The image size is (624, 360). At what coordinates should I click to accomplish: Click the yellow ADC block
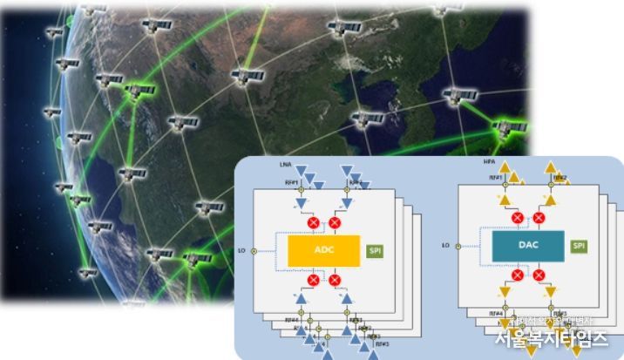[x=323, y=251]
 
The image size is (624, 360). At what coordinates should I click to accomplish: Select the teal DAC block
[x=526, y=246]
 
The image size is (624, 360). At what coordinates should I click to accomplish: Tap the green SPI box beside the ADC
[x=376, y=251]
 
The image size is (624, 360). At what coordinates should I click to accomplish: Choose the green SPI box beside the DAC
[x=579, y=246]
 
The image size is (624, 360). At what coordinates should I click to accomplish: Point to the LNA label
[x=285, y=164]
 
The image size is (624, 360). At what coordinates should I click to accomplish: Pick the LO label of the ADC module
[x=241, y=251]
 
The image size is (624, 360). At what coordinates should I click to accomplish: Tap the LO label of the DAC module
[x=445, y=246]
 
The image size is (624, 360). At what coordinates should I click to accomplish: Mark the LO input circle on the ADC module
[x=253, y=251]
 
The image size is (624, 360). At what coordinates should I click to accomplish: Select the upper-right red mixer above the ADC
[x=334, y=224]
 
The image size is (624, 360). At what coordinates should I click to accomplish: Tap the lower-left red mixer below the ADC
[x=311, y=280]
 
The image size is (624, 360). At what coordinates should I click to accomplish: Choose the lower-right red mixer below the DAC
[x=539, y=275]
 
